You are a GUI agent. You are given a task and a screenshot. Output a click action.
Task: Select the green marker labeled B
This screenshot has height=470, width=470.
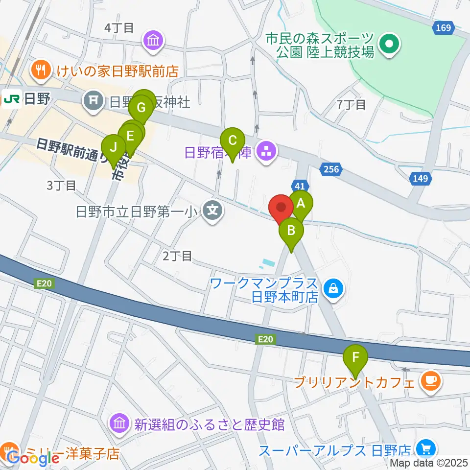point(291,230)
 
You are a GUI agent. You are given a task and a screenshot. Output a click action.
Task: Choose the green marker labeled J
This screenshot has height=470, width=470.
point(114,147)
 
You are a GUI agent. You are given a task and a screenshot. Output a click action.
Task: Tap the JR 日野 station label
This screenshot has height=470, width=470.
point(26,99)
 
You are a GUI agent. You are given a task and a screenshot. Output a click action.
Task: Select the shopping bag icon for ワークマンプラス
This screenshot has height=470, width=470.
point(333,289)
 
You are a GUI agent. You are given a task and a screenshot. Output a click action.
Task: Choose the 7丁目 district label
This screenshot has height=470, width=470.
point(352,104)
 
